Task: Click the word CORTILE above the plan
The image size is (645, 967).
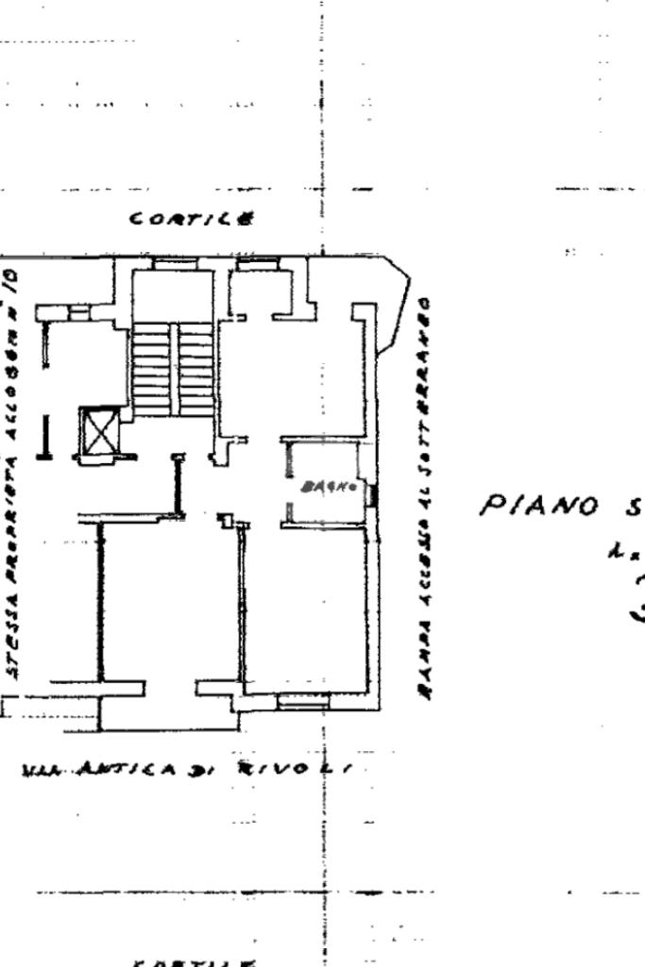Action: (x=193, y=219)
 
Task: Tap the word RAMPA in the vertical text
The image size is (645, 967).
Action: (x=425, y=673)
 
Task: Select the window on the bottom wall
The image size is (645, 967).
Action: (x=303, y=700)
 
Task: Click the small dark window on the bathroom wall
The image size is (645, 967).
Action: (x=372, y=493)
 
